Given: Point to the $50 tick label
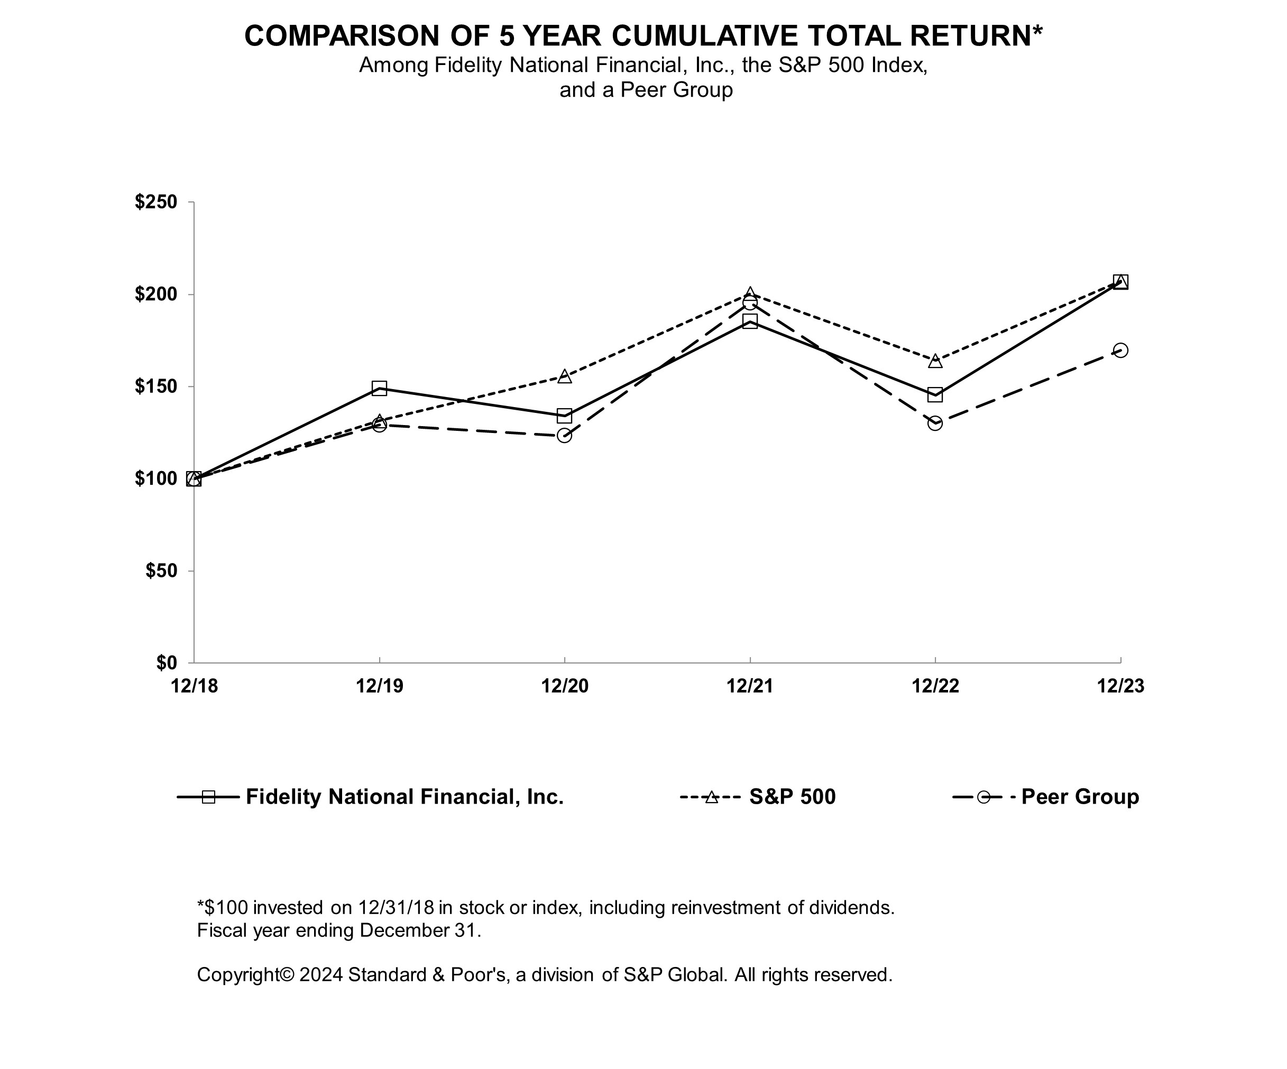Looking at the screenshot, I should pos(161,571).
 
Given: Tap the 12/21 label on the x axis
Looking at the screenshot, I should pos(750,686).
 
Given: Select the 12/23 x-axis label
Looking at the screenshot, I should pos(1120,686).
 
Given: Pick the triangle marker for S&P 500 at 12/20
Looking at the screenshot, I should pos(564,376).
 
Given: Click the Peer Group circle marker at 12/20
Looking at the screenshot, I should pos(564,436).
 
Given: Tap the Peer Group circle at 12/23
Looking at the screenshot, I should pos(1120,351).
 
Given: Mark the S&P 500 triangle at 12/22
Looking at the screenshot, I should pos(935,361).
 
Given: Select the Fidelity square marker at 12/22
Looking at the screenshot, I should pos(935,394).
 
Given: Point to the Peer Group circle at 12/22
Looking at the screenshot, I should pos(935,423).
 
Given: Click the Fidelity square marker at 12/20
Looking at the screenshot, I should pos(564,416).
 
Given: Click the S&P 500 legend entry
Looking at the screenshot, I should pos(792,797).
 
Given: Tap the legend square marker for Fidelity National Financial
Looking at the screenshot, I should pos(208,797).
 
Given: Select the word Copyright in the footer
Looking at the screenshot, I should pos(245,975).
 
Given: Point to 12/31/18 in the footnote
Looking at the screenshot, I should pos(396,907).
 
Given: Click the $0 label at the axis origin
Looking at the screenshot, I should pos(166,663).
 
